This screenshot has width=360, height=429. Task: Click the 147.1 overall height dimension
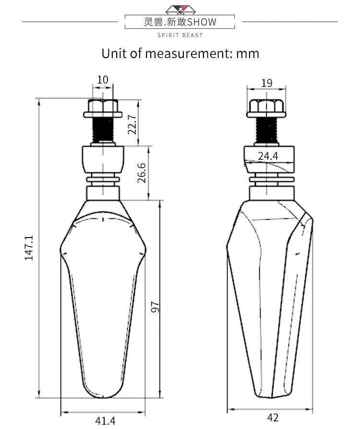point(29,248)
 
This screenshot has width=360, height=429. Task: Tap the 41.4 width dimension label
point(106,421)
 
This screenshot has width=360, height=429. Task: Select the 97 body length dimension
point(155,307)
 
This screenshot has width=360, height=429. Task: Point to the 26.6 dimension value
point(142,173)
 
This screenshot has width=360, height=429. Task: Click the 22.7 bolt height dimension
point(132,124)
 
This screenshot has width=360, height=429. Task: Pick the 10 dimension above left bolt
point(103,80)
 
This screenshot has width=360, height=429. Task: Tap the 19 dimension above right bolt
point(267,83)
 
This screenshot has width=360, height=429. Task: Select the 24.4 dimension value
point(268,156)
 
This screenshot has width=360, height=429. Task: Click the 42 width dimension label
point(273,417)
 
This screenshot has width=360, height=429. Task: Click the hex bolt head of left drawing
point(103,108)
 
